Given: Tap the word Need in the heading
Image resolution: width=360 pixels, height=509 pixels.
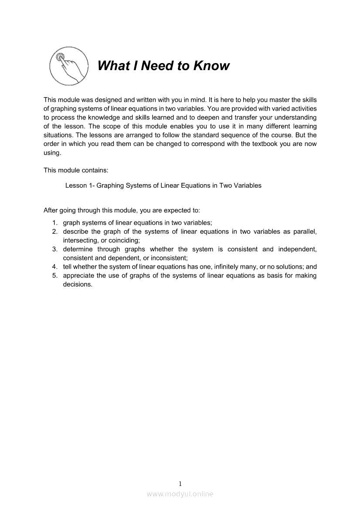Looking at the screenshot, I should pos(157,66).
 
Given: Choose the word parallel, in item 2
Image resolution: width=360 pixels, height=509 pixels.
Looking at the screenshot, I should pos(306,232).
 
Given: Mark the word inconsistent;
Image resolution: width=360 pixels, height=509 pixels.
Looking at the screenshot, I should pos(170,258).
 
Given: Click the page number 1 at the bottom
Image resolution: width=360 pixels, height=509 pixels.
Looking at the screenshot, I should pos(180,483).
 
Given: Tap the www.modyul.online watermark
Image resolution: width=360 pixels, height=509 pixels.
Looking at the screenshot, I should pos(180,494).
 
